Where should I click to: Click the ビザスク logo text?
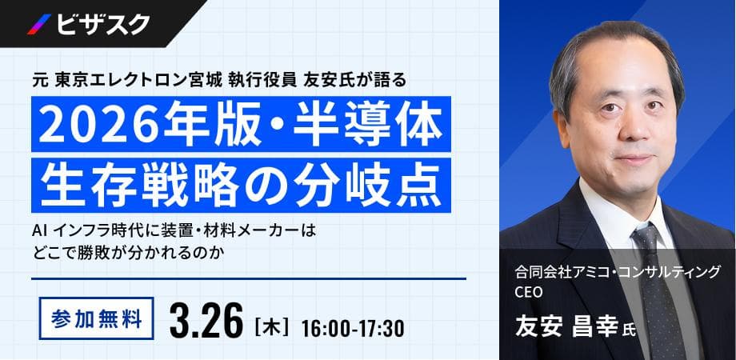click(102, 24)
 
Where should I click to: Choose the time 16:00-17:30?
click(353, 327)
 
